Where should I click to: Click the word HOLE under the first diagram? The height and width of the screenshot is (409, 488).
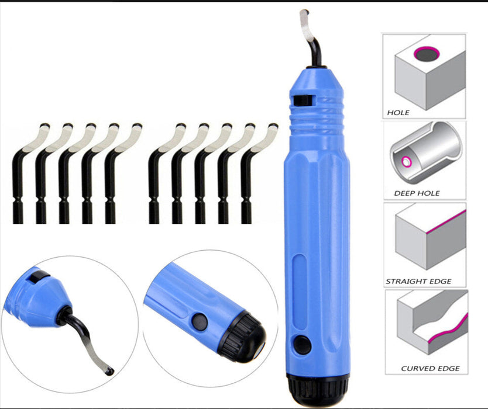click(398, 113)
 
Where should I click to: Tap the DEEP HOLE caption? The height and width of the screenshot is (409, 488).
click(417, 193)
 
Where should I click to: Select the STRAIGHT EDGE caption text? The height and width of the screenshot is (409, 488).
click(418, 281)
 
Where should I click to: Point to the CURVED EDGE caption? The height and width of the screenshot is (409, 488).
click(430, 368)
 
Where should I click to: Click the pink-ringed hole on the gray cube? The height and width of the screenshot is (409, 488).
click(427, 54)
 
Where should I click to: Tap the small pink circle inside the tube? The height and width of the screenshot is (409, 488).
click(407, 162)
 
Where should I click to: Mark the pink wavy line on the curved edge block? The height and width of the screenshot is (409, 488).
click(448, 329)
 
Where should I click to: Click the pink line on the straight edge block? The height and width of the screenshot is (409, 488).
click(446, 221)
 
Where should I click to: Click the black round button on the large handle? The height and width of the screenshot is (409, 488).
click(302, 345)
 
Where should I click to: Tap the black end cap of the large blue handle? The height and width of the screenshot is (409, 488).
click(318, 391)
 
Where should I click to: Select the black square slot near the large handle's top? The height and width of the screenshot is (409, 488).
click(303, 100)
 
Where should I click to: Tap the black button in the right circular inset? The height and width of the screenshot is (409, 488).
click(200, 321)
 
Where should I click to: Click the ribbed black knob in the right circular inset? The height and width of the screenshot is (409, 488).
click(242, 337)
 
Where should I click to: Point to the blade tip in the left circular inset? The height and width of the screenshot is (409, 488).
click(109, 371)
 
